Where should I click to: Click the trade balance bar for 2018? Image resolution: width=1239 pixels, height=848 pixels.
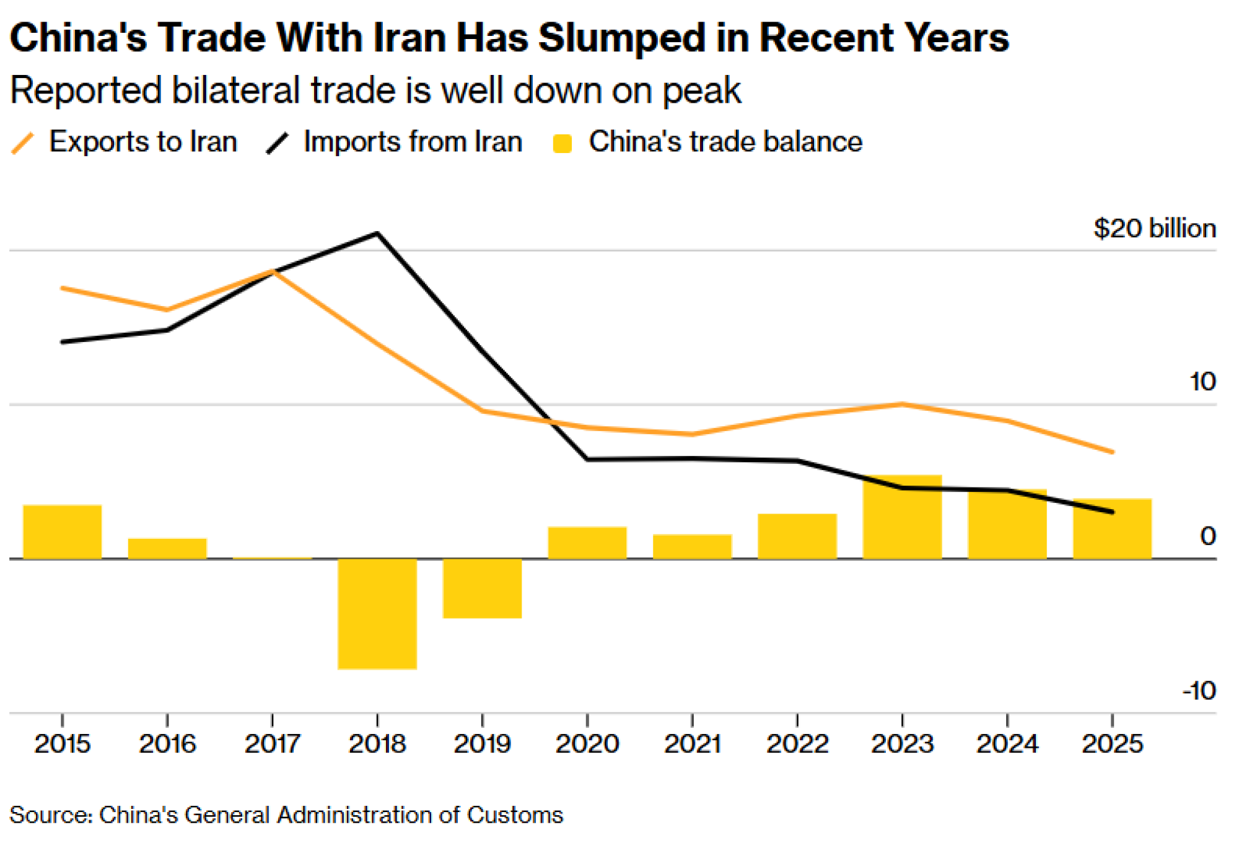[x=377, y=613]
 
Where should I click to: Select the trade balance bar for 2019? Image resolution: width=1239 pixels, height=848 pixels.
[x=482, y=588]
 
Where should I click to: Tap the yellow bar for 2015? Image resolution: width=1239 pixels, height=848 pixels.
[x=63, y=532]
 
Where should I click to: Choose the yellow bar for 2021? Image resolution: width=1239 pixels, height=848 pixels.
[x=692, y=546]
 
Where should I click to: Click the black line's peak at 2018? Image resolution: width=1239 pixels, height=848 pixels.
[x=377, y=234]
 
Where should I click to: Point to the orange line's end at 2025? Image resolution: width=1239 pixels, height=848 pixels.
[x=1113, y=452]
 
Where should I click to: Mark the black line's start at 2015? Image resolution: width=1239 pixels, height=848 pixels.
[x=63, y=342]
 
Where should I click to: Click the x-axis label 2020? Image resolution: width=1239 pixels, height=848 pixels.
[x=587, y=744]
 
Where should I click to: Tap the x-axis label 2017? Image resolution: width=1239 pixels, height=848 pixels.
[x=272, y=744]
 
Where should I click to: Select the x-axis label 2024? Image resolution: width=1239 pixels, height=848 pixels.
[x=1007, y=744]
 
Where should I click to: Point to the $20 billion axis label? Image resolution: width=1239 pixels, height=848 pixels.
[x=1154, y=229]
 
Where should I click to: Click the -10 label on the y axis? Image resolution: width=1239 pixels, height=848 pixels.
[x=1199, y=691]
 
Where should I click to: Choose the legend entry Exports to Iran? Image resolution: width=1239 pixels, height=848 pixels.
[x=143, y=142]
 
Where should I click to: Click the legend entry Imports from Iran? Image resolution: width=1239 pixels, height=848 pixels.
[x=413, y=142]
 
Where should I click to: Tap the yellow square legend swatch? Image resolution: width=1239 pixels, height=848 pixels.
[x=563, y=144]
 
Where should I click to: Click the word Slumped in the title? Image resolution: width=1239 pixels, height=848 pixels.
[x=621, y=38]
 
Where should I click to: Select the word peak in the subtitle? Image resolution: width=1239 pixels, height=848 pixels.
[x=701, y=91]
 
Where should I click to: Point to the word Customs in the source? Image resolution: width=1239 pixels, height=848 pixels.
[x=515, y=815]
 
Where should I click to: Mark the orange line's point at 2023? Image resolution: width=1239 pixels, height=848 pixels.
[x=902, y=404]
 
